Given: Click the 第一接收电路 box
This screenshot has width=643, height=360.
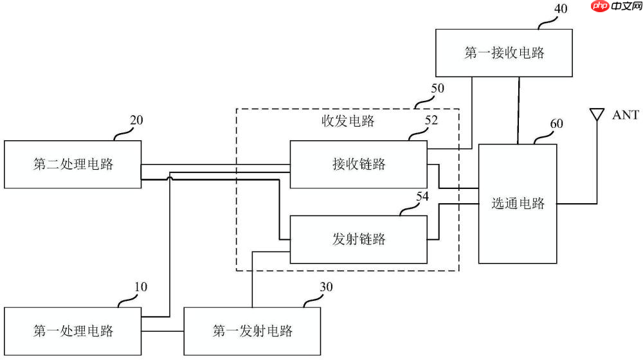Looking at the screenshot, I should pos(504,53).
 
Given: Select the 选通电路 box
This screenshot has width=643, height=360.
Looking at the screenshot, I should pos(518,204).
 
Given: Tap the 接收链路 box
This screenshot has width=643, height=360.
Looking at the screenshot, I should pos(358,164).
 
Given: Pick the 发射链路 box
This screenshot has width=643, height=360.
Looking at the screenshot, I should pos(358,239).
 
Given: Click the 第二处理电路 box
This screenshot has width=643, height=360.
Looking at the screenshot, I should pos(73,164).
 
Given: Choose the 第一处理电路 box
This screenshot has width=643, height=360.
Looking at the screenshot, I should pos(73,331).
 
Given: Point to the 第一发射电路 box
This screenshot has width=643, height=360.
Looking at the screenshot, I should pos(252,331).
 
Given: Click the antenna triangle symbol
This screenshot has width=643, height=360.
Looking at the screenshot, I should pos(597,115).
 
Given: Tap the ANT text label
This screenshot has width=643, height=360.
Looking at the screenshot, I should pos(625,115).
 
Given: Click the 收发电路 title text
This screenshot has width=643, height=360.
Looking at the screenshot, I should pos(348,121).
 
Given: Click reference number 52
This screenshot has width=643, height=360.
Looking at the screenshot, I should pos(431,120).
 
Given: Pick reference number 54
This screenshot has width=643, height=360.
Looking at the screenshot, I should pos(422,197).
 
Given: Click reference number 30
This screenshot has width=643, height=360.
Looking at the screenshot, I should pos(327,287).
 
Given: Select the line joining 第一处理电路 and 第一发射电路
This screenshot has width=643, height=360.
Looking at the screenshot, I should pos(162,331).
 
